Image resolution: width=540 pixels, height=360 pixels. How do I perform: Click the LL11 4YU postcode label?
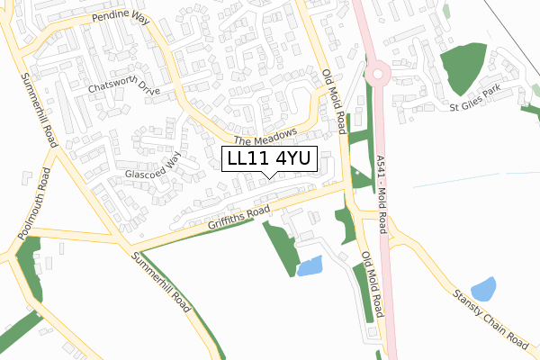pos(268,159)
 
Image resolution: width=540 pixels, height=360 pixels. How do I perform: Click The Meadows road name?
pos(265,137)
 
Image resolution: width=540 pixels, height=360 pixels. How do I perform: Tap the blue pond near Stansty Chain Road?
pos(483,288)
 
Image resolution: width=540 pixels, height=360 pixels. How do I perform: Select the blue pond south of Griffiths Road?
pos(310,265)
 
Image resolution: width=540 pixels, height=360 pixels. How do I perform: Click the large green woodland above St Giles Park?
pos(466,67)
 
